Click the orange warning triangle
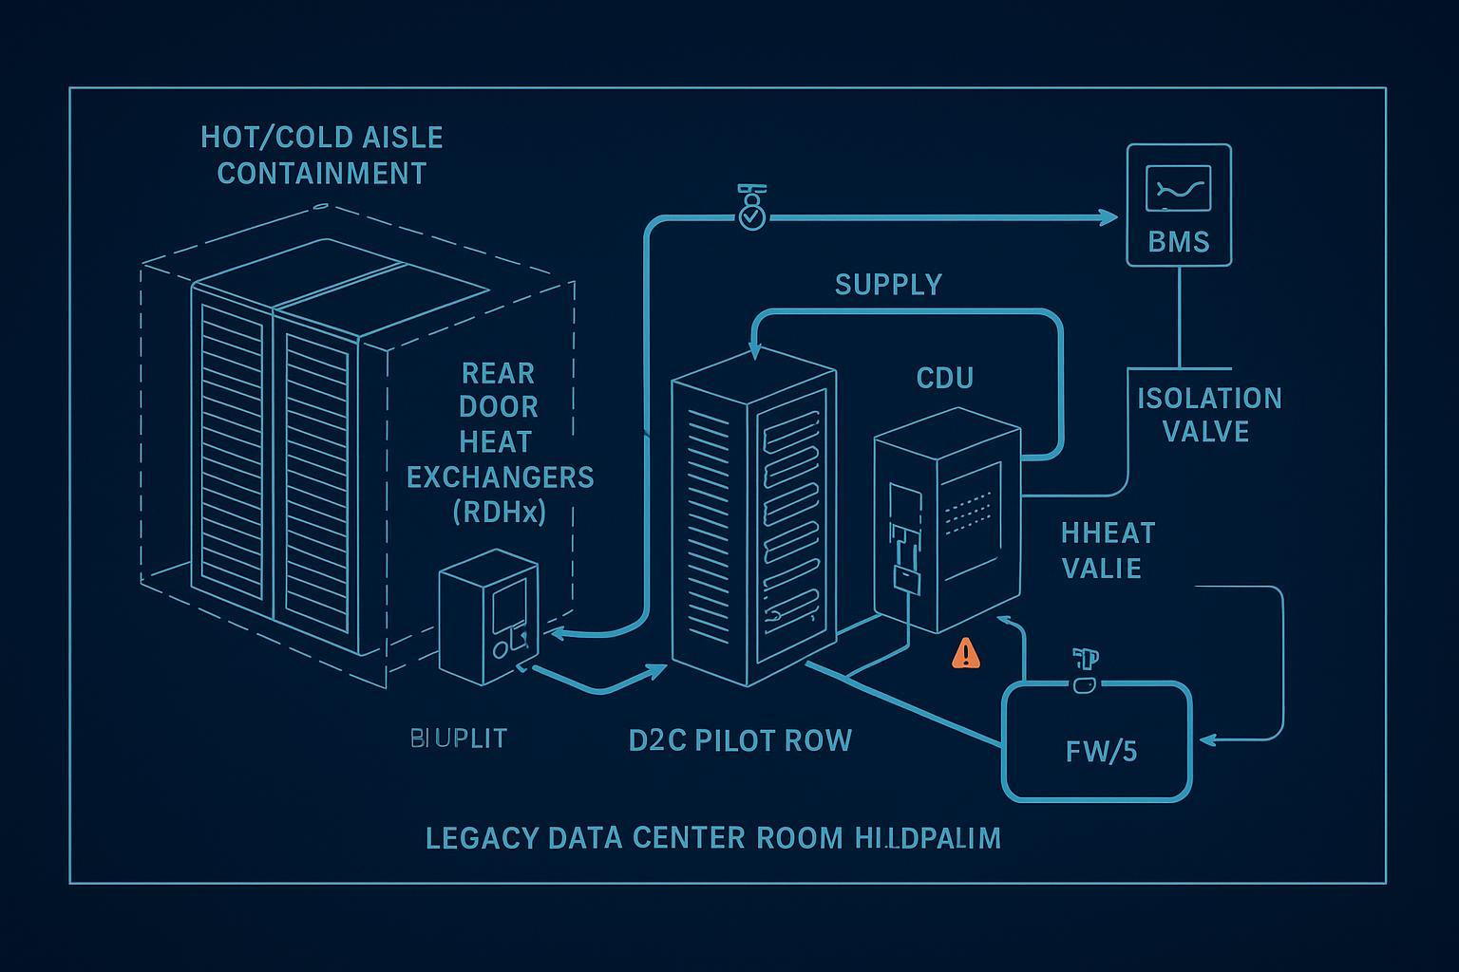coord(966,653)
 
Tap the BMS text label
coord(1179,241)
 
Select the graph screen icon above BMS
coord(1179,189)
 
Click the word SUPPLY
coord(888,285)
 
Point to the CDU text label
coord(944,379)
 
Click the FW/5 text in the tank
coord(1101,752)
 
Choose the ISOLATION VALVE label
coord(1209,415)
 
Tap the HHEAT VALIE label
coord(1107,551)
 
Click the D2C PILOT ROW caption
coord(740,740)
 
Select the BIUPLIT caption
coord(459,738)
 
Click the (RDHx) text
coord(500,513)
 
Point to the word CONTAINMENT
coord(322,174)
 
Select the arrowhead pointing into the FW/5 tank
coord(1209,738)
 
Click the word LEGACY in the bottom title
coord(482,838)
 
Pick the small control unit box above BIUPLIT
coord(489,617)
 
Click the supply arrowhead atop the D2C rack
coord(754,351)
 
